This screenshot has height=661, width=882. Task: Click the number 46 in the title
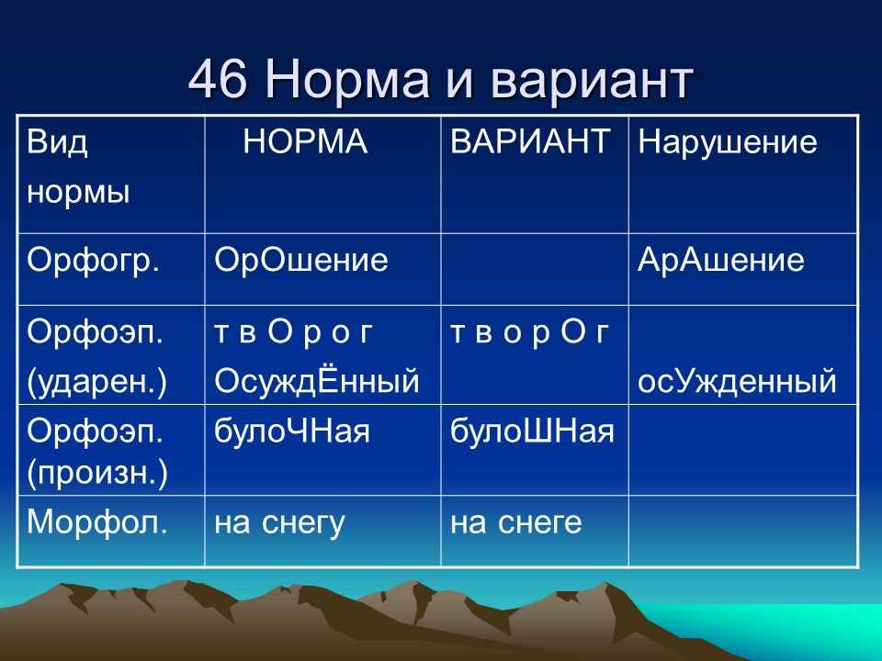[220, 82]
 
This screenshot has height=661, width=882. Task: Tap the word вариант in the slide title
[592, 82]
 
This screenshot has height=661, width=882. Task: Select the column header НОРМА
[305, 142]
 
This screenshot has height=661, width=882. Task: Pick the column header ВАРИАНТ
[531, 142]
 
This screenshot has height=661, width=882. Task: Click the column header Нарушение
[727, 142]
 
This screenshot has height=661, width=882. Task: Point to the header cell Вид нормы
[78, 168]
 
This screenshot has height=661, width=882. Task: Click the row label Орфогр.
[94, 261]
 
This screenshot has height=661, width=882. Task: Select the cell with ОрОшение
[301, 261]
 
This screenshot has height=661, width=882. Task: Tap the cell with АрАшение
[721, 261]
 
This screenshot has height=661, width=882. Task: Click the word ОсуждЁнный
[317, 381]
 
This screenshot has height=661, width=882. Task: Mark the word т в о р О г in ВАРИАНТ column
[529, 333]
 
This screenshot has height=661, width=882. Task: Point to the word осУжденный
[737, 381]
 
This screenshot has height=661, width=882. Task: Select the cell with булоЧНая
[292, 430]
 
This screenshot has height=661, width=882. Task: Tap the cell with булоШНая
[532, 430]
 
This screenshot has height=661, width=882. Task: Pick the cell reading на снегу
[279, 522]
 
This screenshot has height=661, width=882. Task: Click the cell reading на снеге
[515, 522]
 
